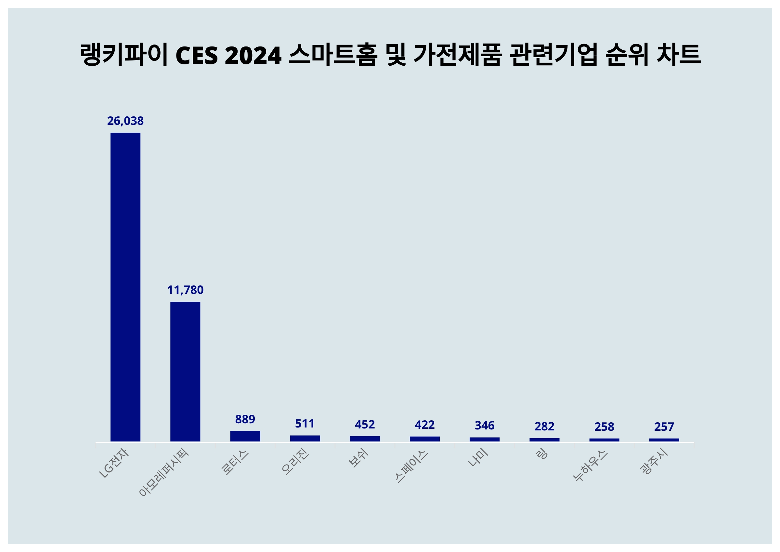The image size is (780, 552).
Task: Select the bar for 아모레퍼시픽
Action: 185,371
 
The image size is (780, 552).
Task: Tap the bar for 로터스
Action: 245,436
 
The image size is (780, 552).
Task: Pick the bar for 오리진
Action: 305,438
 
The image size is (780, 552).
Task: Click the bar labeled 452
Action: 365,439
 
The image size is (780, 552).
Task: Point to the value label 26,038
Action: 125,121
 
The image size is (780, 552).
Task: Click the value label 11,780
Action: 185,290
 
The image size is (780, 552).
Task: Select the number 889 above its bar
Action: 245,419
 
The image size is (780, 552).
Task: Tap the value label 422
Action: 424,425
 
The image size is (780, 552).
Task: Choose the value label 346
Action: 485,426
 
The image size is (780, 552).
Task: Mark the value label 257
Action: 664,427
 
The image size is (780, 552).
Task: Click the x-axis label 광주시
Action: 654,462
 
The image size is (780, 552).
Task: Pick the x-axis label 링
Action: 541,454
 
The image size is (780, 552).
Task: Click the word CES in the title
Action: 196,55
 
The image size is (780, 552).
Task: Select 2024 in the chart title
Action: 253,55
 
